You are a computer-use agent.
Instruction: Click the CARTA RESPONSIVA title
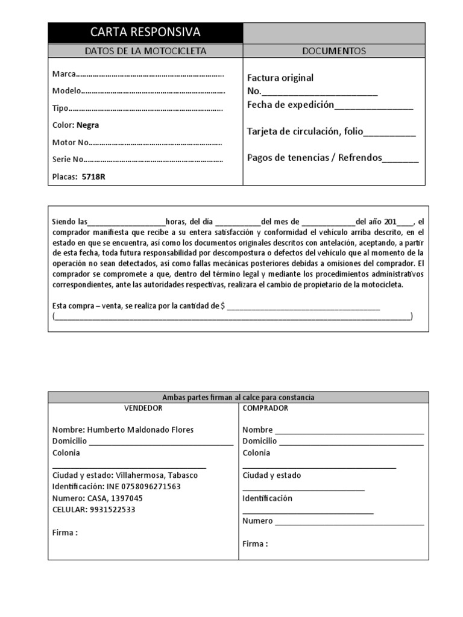coord(145,33)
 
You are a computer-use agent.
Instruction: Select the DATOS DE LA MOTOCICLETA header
coord(145,51)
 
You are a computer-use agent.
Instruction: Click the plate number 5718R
coord(98,177)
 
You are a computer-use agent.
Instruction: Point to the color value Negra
coord(87,125)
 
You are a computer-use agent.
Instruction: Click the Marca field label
coord(64,74)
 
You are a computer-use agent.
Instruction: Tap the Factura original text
coord(280,78)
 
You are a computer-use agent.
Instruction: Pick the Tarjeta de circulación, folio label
coord(305,131)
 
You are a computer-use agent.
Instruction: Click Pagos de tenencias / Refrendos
coord(315,158)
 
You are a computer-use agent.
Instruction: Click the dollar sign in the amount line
coord(223,305)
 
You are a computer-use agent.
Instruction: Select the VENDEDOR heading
coord(143,408)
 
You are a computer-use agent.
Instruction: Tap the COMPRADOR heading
coord(265,408)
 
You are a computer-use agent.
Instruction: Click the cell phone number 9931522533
coord(112,509)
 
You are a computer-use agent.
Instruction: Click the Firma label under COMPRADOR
coord(255,543)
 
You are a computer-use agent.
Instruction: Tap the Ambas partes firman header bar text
coord(238,397)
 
